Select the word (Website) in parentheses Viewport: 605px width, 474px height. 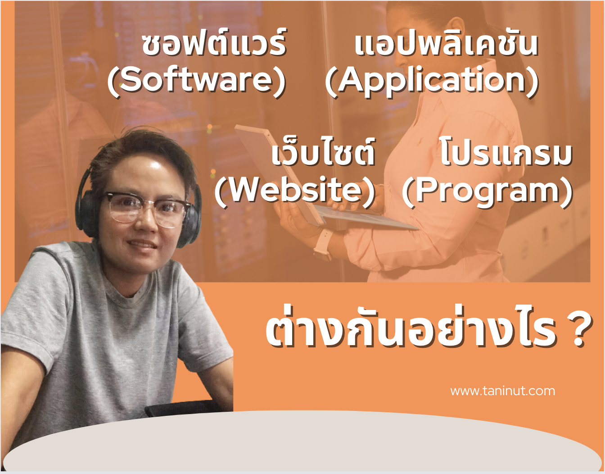pos(295,191)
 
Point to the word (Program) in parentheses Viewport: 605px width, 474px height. pos(487,191)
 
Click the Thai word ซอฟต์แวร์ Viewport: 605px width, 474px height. pos(214,44)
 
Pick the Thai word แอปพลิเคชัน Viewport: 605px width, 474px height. pos(446,44)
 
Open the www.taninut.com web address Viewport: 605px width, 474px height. pos(502,391)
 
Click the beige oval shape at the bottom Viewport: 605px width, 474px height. pos(302,444)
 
